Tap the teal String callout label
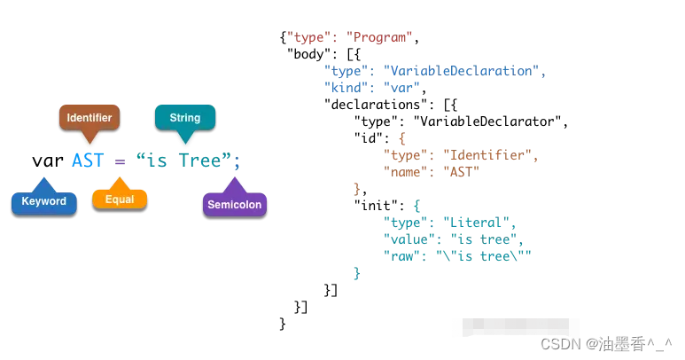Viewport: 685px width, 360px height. tap(184, 116)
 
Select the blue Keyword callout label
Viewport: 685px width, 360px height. tap(43, 201)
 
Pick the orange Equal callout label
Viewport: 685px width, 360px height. tap(120, 200)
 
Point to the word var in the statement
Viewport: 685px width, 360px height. tap(48, 160)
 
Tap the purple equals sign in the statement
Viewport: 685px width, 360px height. tap(120, 160)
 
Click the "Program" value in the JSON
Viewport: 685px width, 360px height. tap(379, 37)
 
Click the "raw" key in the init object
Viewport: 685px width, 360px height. tap(401, 256)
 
